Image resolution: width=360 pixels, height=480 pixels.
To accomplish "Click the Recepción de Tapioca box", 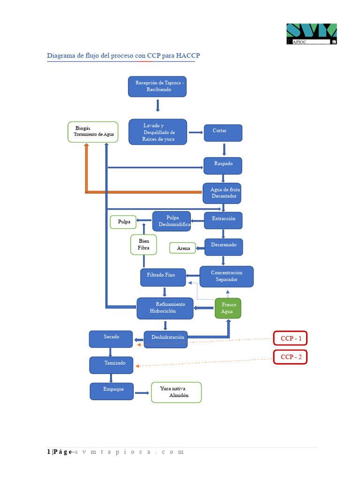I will [157, 87].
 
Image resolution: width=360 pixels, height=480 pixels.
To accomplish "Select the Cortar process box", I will [223, 133].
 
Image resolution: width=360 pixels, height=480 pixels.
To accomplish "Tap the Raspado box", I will [223, 165].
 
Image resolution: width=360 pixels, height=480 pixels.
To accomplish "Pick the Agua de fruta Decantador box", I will [223, 193].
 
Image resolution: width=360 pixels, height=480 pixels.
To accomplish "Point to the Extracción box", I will [223, 220].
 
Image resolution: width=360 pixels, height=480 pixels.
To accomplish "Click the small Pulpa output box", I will [123, 222].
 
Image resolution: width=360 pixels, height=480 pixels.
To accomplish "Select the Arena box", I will [183, 248].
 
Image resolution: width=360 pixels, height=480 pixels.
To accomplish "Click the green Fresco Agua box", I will [228, 308].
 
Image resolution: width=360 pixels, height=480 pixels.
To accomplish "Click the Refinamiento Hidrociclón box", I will [165, 308].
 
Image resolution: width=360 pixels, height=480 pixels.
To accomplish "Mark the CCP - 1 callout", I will [290, 338].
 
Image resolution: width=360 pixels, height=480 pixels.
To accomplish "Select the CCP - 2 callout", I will [290, 357].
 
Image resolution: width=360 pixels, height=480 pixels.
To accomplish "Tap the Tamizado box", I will [111, 365].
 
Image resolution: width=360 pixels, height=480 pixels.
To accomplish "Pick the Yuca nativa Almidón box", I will [176, 392].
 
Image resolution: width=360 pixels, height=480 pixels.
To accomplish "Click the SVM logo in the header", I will [312, 34].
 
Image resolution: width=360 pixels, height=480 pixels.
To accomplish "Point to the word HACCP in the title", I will [188, 56].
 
